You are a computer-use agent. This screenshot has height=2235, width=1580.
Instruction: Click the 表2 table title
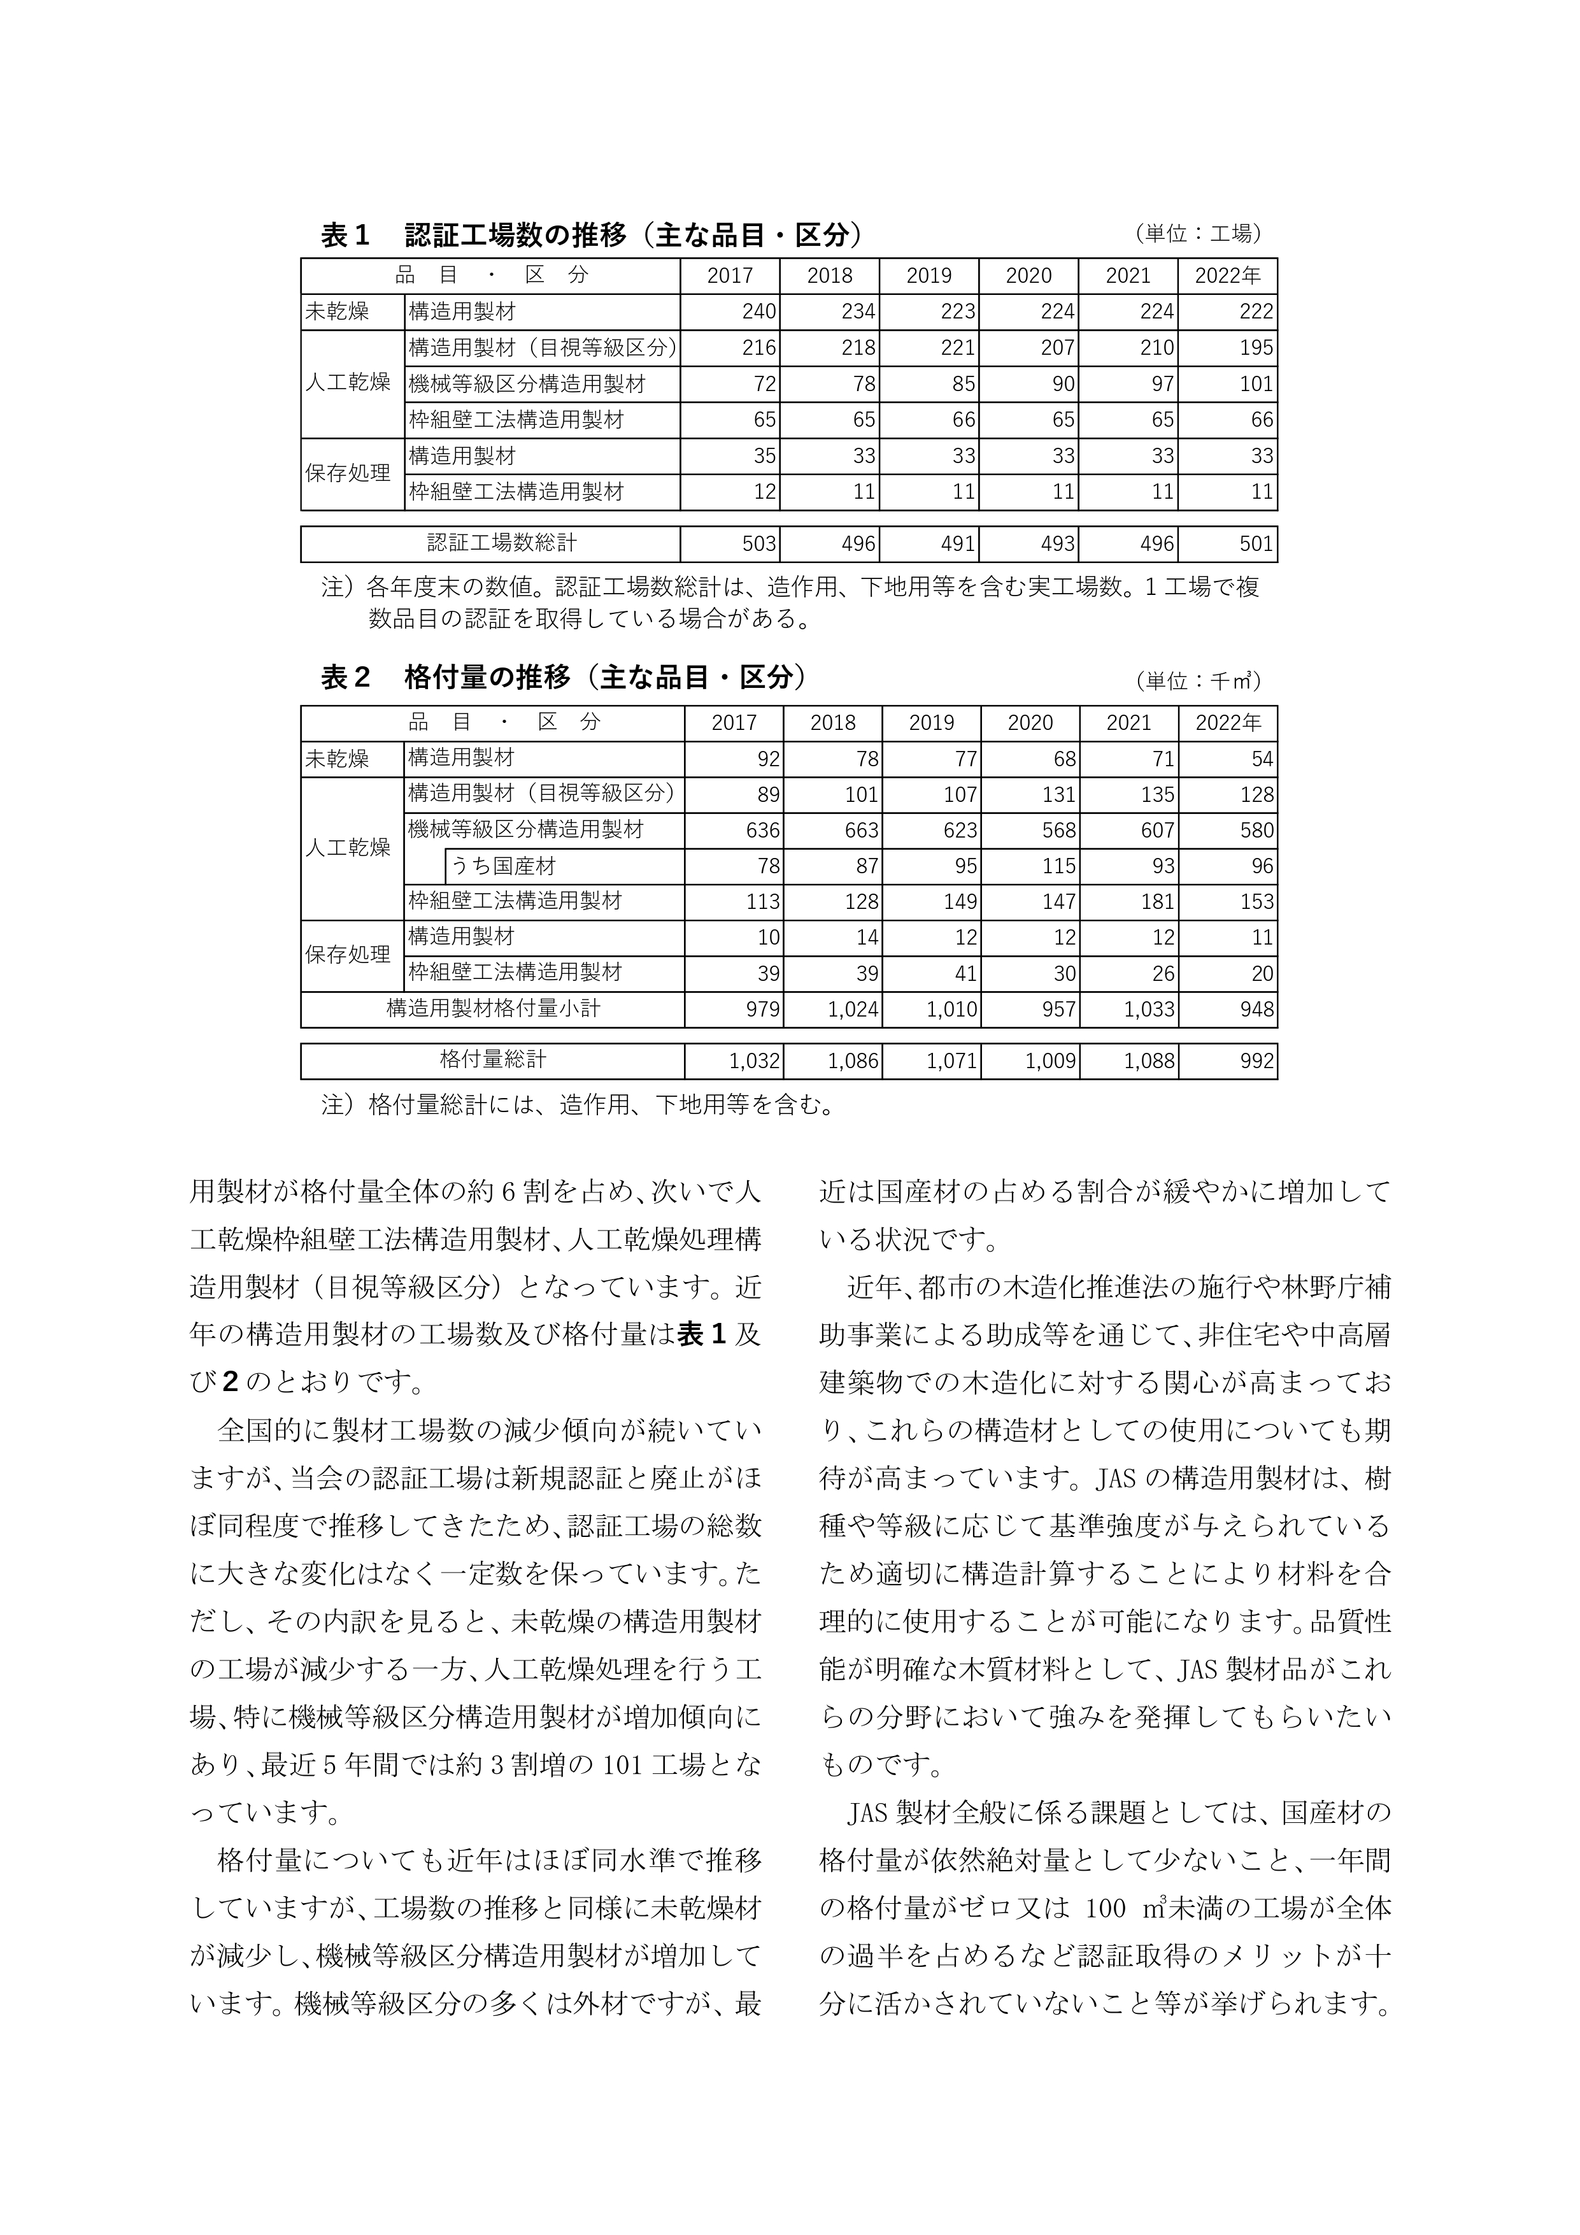click(564, 678)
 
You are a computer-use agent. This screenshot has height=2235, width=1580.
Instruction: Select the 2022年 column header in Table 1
click(1228, 276)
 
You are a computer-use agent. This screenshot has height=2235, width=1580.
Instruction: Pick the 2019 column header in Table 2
click(932, 722)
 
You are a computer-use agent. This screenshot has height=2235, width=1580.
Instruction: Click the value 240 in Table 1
click(758, 311)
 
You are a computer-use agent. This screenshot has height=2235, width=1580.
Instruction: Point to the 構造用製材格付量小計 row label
click(492, 1008)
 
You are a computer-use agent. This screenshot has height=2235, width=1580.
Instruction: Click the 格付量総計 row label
click(492, 1059)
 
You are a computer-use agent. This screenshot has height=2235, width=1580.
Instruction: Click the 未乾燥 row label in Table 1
click(337, 311)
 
